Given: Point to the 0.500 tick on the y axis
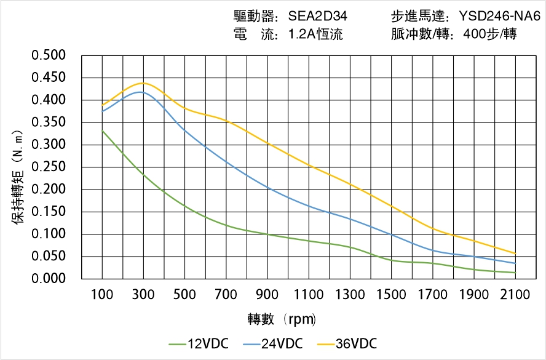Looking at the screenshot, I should (49, 55).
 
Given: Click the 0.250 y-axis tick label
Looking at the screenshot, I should (49, 167).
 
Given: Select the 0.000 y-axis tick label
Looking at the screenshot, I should (49, 279).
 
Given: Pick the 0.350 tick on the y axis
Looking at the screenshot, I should (49, 122).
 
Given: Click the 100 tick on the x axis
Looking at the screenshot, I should (102, 295).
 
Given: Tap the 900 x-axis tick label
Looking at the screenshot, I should (267, 295).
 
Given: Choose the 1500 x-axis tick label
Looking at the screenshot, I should (391, 295).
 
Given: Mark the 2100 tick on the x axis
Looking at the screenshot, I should (515, 295).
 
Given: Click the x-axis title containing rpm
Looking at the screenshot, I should (282, 319).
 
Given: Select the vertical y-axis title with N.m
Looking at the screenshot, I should (18, 176).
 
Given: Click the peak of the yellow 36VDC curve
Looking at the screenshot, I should (143, 83).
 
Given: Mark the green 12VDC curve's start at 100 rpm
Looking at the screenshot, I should (102, 130).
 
